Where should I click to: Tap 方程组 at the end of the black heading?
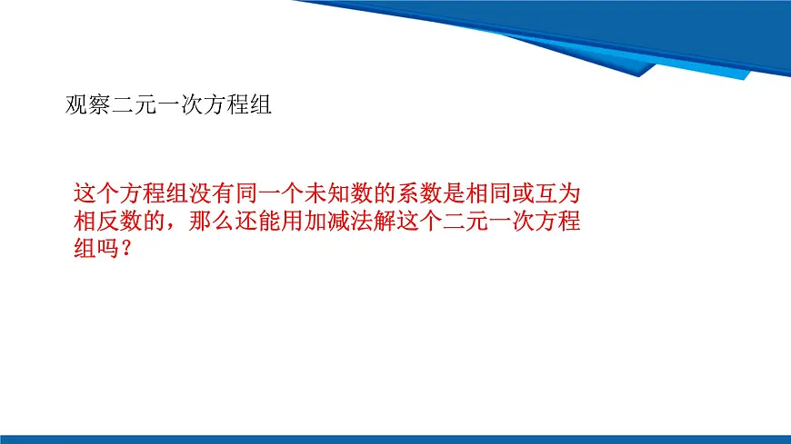coord(239,104)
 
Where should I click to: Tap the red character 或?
coord(524,192)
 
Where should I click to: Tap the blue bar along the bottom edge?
coord(395,439)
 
